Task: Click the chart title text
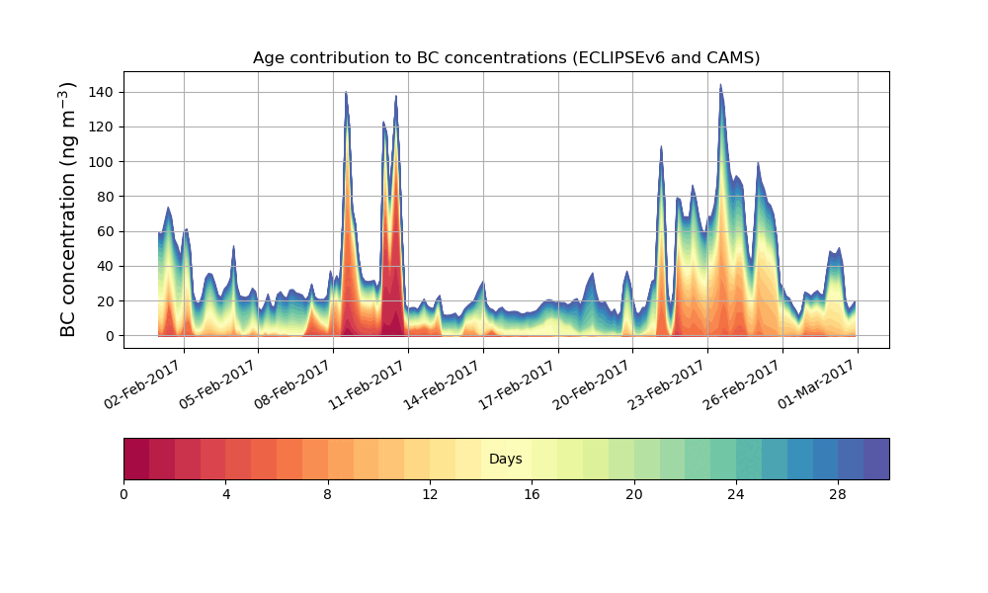(x=506, y=57)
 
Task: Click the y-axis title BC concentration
(x=68, y=210)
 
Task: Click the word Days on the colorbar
(x=506, y=459)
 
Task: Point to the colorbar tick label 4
(x=225, y=494)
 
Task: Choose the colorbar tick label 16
(x=532, y=494)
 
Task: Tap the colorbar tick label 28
(x=838, y=494)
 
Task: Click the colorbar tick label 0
(x=123, y=494)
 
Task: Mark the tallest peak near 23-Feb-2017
(x=720, y=85)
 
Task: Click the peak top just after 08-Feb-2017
(x=346, y=93)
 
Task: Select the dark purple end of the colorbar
(x=876, y=459)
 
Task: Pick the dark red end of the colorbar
(x=136, y=459)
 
